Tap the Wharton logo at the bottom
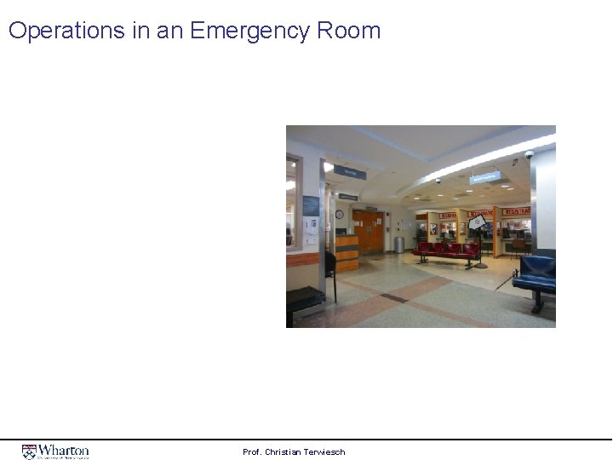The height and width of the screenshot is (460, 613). [55, 451]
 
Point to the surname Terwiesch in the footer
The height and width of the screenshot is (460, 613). [326, 451]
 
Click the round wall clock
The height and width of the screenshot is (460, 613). [339, 214]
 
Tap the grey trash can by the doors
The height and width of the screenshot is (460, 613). [398, 244]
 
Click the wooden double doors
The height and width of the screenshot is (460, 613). [370, 231]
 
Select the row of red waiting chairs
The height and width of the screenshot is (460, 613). [447, 250]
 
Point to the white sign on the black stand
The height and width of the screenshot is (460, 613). [478, 222]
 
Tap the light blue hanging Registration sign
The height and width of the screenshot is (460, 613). [484, 179]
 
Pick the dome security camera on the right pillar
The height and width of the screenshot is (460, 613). [529, 156]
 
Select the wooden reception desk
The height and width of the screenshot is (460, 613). [347, 252]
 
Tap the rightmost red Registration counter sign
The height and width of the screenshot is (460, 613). [516, 211]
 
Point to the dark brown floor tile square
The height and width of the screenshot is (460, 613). [392, 297]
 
